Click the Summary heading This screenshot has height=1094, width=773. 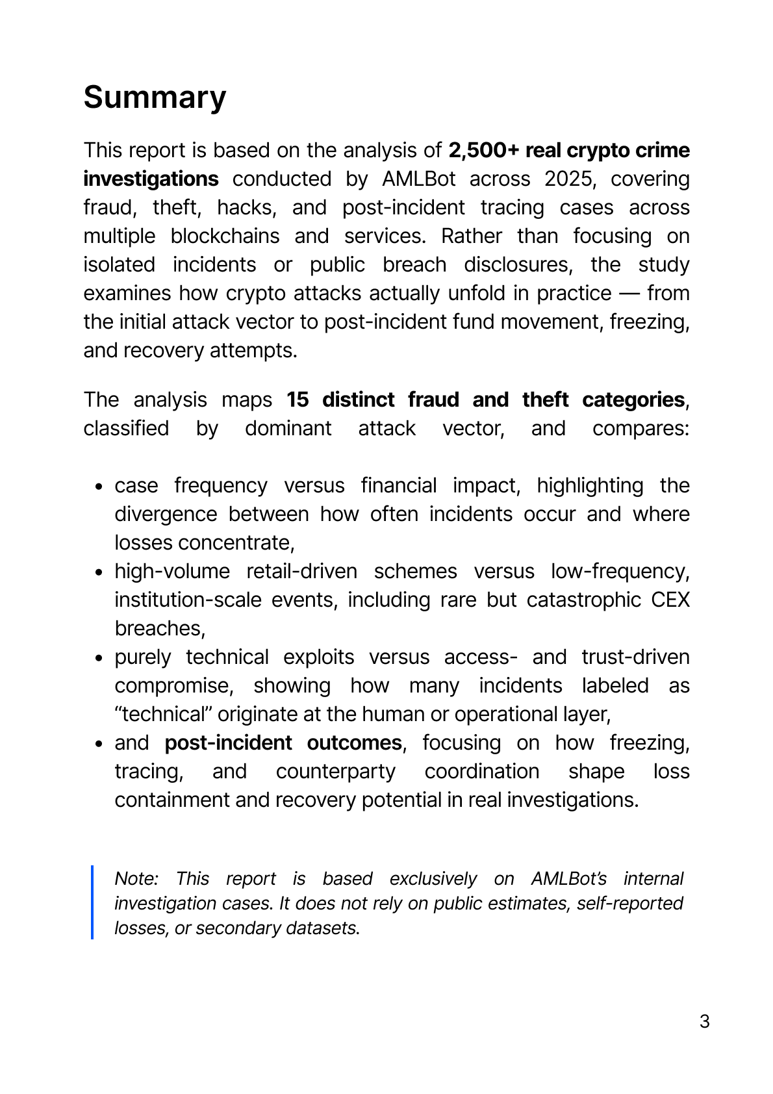click(x=155, y=97)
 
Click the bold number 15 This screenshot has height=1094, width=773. click(x=298, y=400)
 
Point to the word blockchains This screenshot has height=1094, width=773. click(x=225, y=236)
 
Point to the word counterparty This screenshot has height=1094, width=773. click(x=336, y=771)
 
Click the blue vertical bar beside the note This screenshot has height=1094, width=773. click(x=92, y=902)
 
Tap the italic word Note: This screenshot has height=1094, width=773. click(x=136, y=878)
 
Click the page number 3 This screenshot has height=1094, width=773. click(x=704, y=1021)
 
